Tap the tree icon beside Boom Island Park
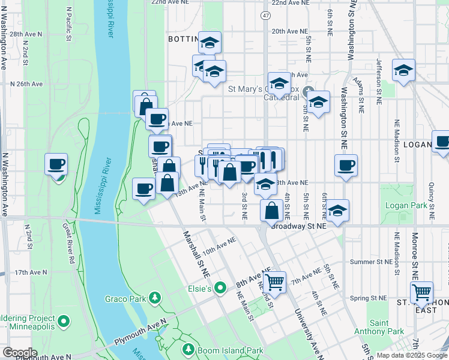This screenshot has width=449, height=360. tap(188, 349)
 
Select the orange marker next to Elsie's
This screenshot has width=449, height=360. tap(221, 289)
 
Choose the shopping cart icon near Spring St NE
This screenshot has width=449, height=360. tap(422, 292)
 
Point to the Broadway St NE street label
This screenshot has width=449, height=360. tap(298, 227)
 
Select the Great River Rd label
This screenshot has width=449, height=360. tap(67, 244)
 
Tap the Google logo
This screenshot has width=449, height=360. tap(19, 353)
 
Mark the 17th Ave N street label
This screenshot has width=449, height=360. tap(31, 272)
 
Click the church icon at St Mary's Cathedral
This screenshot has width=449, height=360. tap(309, 92)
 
